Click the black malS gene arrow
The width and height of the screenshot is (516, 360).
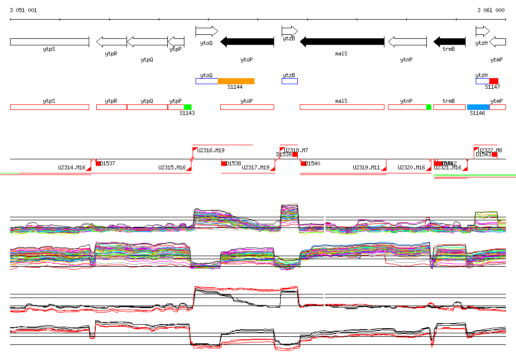click(342, 41)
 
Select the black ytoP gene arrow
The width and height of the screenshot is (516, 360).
click(247, 41)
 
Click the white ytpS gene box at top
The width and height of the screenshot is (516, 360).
click(49, 41)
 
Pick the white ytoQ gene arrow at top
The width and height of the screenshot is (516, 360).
click(206, 31)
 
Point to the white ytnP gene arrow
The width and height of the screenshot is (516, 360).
click(407, 41)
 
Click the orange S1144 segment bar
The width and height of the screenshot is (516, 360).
click(236, 81)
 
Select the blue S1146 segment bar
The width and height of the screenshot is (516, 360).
click(478, 107)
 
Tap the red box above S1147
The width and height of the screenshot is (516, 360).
click(494, 81)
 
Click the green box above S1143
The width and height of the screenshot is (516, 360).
click(187, 107)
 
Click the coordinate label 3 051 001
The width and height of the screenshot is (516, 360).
click(23, 10)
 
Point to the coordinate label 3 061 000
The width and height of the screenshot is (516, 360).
click(491, 10)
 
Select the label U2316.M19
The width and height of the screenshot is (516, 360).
click(211, 150)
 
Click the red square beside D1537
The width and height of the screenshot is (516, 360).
click(98, 163)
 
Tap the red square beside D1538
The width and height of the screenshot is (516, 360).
click(224, 163)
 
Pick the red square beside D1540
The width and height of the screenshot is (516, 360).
click(303, 163)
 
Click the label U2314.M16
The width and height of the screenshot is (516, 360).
click(72, 168)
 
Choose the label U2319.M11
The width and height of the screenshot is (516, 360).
click(366, 168)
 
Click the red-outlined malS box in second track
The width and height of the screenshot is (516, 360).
click(342, 107)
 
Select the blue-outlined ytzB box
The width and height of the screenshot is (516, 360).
click(290, 81)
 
